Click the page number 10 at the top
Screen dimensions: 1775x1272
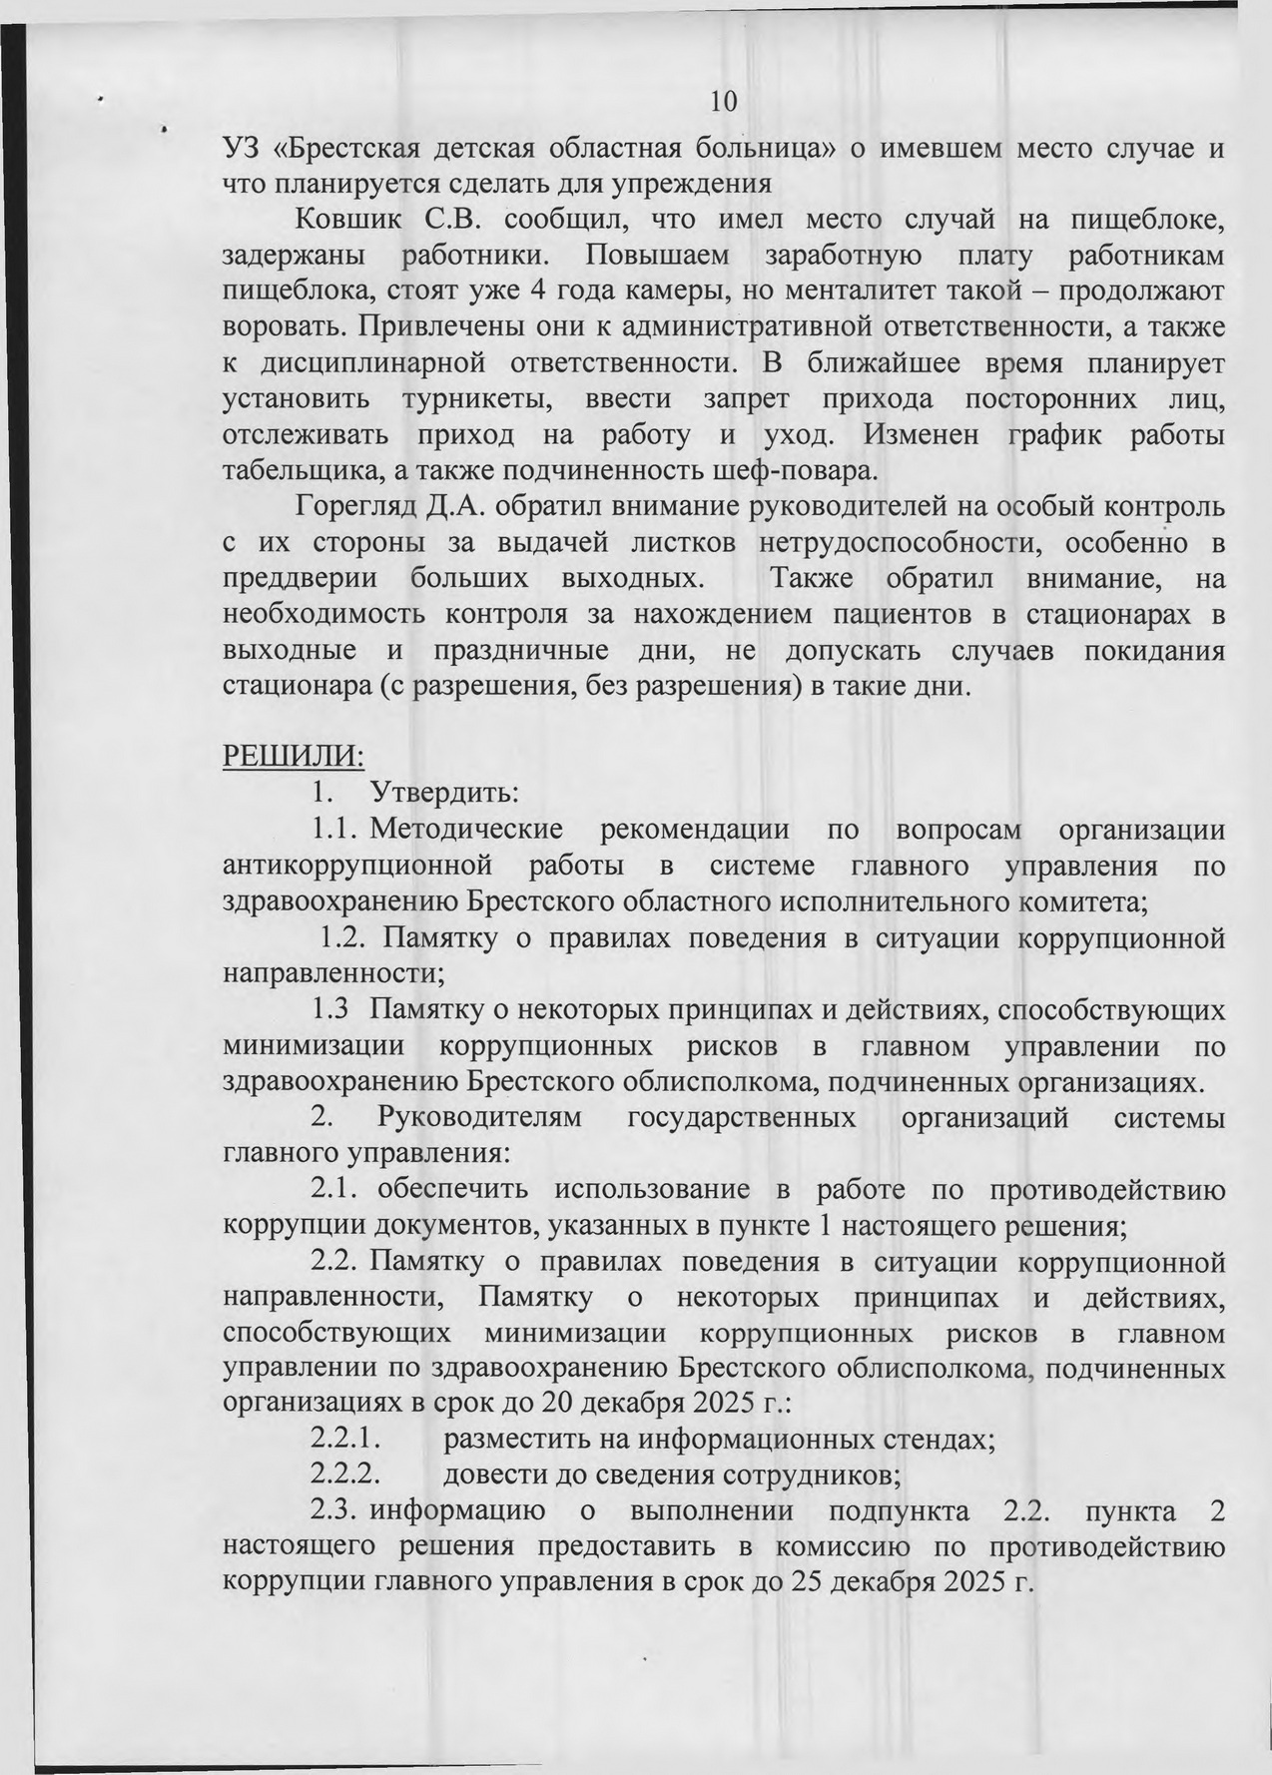(x=723, y=102)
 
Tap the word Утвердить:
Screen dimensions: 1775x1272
(x=443, y=794)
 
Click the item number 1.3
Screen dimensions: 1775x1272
(x=331, y=1010)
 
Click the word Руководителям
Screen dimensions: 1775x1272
(x=475, y=1117)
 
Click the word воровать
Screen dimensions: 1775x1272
(x=281, y=327)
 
